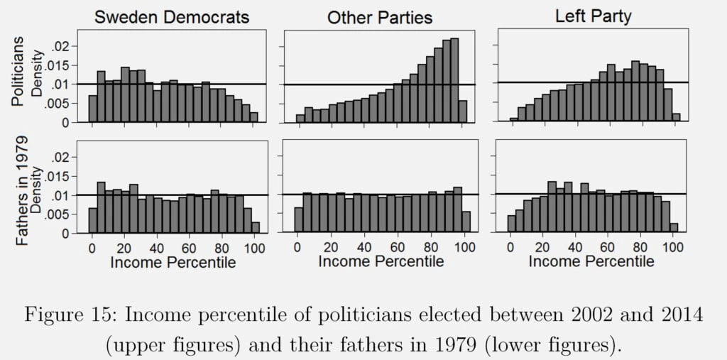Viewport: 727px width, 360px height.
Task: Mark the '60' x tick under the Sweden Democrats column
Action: [x=188, y=247]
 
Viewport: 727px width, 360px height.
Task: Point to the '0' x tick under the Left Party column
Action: [x=510, y=247]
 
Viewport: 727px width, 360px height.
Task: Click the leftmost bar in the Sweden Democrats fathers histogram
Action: [x=92, y=220]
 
